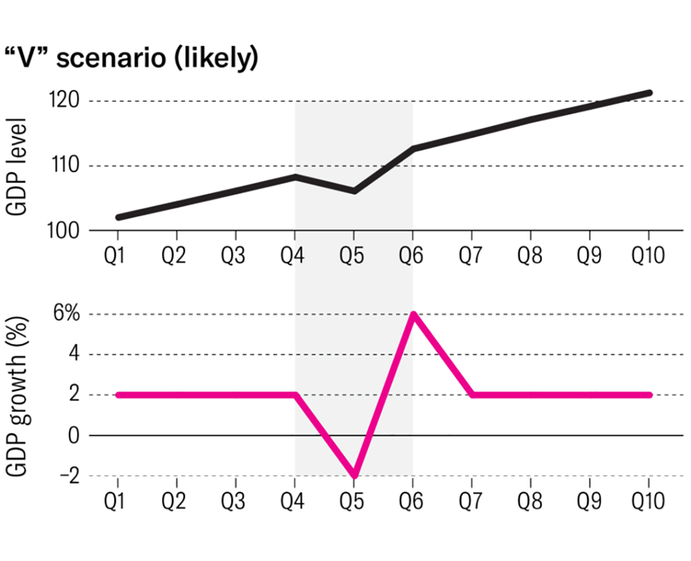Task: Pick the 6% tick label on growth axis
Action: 66,315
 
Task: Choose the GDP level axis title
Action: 19,167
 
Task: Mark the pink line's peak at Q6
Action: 413,315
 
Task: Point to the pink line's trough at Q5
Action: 354,476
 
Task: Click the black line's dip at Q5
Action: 354,191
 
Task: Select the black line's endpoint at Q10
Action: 649,93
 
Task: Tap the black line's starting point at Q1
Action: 118,217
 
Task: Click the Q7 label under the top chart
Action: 471,256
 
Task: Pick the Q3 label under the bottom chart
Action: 236,501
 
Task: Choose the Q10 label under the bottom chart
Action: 649,501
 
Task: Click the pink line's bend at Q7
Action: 472,394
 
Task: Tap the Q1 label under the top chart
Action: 118,256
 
